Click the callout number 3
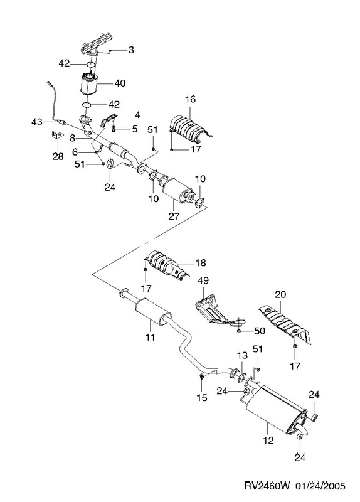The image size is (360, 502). click(131, 50)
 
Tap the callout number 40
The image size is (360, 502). click(120, 83)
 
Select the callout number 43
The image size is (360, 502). click(37, 122)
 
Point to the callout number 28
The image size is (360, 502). click(58, 156)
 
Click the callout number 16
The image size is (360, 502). click(190, 99)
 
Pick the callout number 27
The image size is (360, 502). click(174, 216)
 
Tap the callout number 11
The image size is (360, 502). click(150, 337)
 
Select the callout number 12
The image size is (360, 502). click(268, 441)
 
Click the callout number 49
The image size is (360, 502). click(203, 280)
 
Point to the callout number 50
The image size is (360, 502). click(259, 331)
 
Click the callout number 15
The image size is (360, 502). click(202, 397)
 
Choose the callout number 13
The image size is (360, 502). click(242, 355)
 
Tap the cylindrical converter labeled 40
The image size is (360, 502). click(88, 83)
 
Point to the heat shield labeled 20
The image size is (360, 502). click(285, 324)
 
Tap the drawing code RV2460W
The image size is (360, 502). click(267, 485)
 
